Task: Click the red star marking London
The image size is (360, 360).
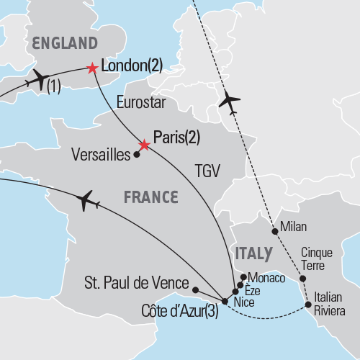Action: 91,68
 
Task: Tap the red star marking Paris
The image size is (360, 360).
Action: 144,145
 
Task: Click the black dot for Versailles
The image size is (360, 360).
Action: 136,154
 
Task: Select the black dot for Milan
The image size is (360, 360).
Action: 274,232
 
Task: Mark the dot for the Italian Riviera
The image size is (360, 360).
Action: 308,305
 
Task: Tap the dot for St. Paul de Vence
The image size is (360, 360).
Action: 195,289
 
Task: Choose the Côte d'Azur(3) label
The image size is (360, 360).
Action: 180,312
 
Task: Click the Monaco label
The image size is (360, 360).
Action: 266,277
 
